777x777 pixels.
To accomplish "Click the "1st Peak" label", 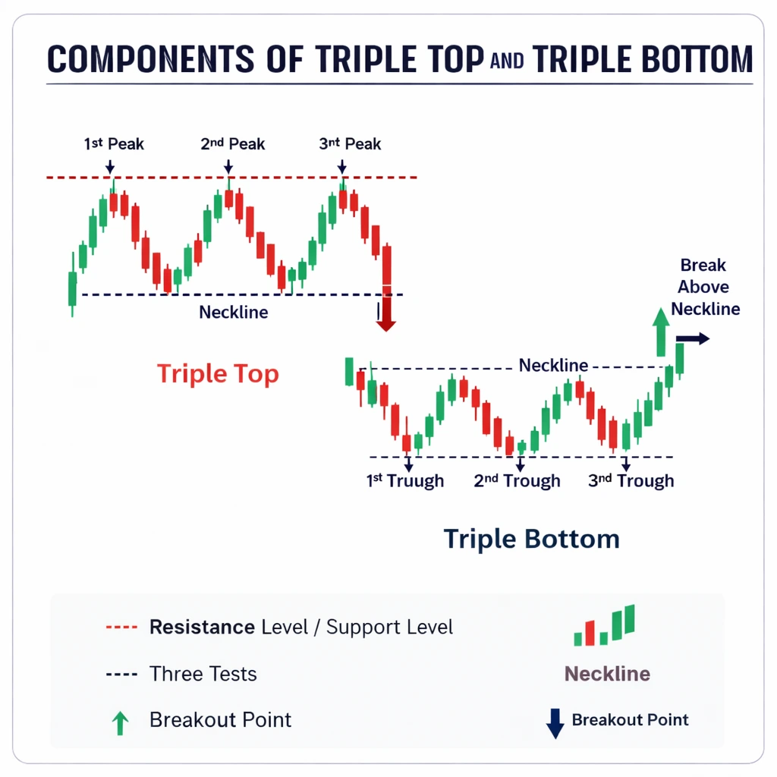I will tap(114, 143).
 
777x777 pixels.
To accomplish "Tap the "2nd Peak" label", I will tap(232, 143).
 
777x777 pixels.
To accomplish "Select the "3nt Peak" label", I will tap(350, 143).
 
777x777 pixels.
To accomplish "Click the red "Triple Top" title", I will tap(218, 373).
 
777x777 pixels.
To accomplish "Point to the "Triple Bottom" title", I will tap(531, 539).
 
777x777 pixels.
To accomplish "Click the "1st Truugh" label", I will tap(405, 481).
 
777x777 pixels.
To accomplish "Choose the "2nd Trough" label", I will tap(517, 481).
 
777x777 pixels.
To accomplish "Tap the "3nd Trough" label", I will tap(631, 481).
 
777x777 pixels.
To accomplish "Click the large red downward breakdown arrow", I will tap(386, 311).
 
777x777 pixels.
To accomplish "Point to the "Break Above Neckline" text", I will tap(704, 287).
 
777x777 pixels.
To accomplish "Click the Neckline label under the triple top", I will tap(233, 312).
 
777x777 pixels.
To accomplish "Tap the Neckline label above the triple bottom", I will tap(553, 366).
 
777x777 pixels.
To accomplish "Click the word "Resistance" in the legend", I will tap(202, 628).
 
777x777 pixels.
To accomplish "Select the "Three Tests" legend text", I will tap(203, 674).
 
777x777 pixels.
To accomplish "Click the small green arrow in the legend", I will tap(120, 723).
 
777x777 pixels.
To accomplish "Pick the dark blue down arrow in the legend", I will tap(555, 723).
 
